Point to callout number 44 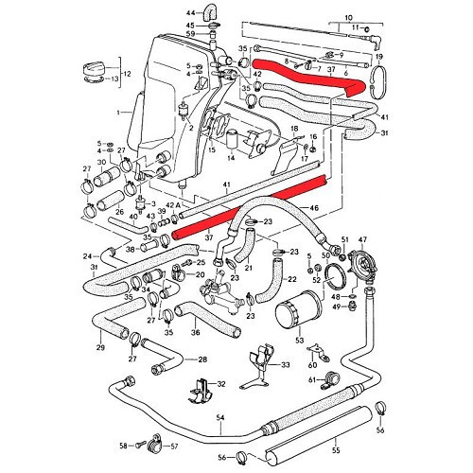188,11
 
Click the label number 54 219,417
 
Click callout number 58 123,446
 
